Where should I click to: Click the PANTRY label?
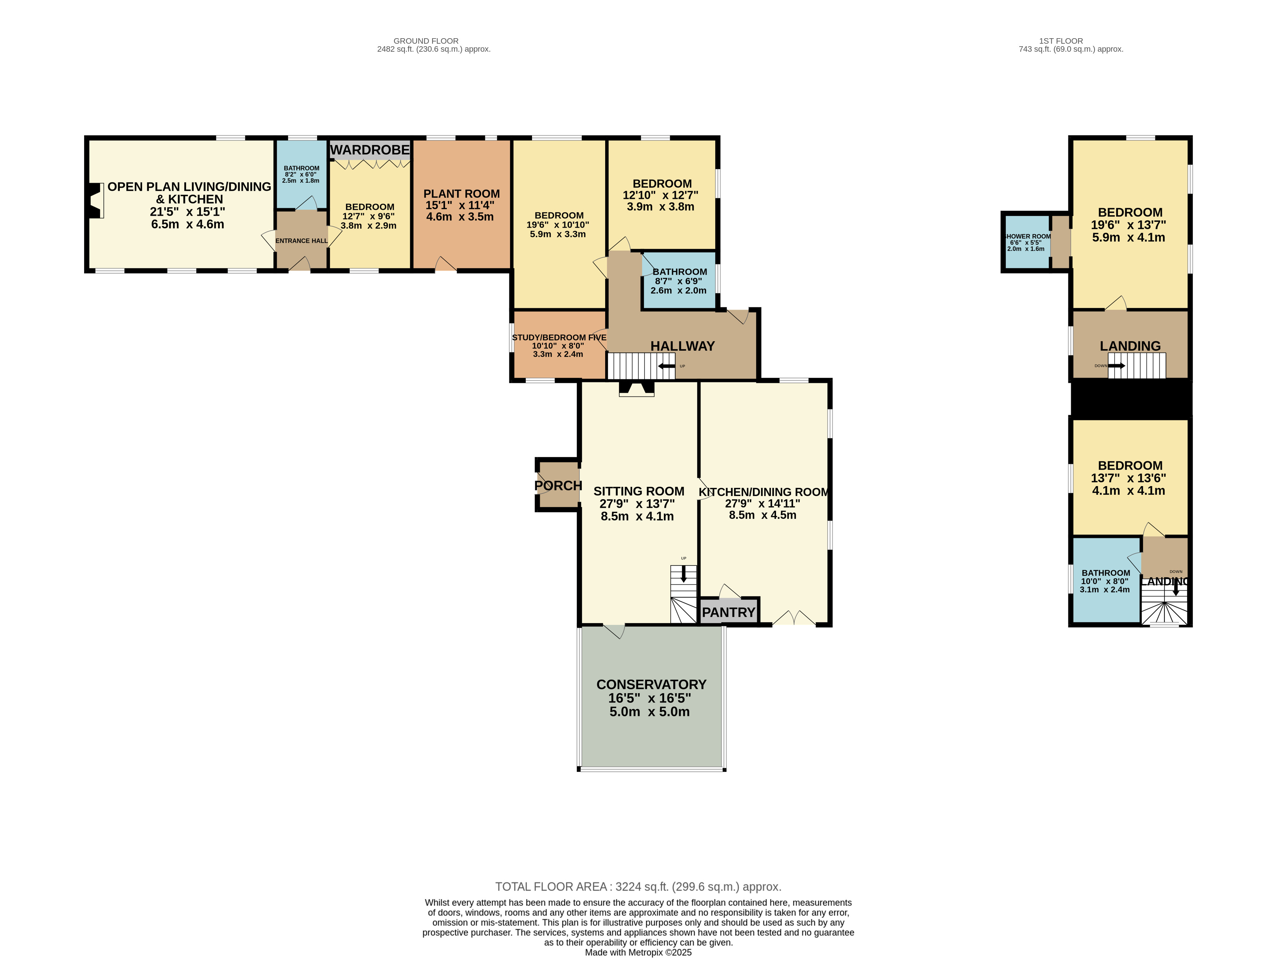click(729, 612)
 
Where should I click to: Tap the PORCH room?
click(558, 485)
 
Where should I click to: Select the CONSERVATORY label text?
click(651, 684)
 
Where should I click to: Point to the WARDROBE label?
click(370, 150)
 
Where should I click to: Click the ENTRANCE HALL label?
click(301, 241)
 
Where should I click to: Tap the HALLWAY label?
click(682, 346)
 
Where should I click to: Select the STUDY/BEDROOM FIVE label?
click(559, 337)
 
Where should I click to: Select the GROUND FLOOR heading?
click(426, 41)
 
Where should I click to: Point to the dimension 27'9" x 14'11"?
click(762, 504)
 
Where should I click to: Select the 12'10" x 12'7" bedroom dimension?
click(661, 195)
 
